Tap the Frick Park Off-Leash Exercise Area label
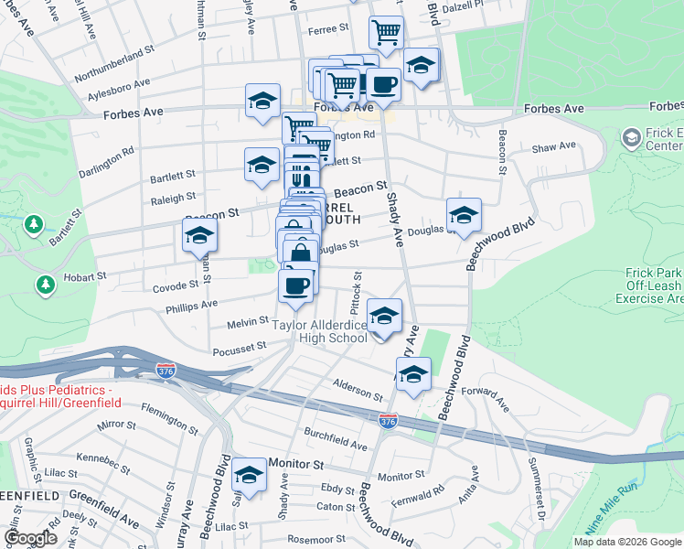click(x=637, y=285)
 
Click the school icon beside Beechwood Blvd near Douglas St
click(x=464, y=214)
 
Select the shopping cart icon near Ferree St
click(x=386, y=32)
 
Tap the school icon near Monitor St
click(x=248, y=474)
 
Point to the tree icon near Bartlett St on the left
click(x=34, y=223)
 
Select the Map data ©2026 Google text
click(x=626, y=542)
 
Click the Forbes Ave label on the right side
click(x=553, y=109)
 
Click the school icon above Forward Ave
click(x=413, y=374)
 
